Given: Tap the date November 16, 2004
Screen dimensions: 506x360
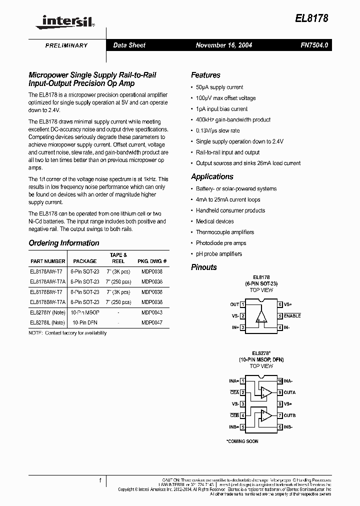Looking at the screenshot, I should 224,45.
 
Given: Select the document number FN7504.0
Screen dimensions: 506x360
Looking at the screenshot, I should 314,45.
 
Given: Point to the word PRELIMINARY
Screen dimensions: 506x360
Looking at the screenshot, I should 66,45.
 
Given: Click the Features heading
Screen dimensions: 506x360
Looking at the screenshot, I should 205,75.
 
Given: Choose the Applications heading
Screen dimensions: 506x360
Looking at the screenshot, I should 212,176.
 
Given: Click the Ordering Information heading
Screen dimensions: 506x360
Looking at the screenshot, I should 63,243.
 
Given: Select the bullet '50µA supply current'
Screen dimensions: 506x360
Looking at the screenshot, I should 219,87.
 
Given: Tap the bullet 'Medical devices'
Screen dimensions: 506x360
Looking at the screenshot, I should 214,221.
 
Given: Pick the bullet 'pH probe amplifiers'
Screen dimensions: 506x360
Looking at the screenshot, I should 218,254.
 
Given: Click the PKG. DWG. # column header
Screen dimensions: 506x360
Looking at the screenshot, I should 152,261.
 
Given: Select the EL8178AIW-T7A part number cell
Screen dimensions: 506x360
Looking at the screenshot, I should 46,281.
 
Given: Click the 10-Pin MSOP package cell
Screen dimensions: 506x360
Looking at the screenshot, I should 85,311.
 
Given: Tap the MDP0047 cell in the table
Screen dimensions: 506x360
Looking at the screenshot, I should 152,322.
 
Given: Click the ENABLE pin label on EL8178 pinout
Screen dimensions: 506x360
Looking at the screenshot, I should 292,316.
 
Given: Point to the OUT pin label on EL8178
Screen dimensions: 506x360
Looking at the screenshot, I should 234,304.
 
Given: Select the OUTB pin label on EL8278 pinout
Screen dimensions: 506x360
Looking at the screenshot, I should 290,415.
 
